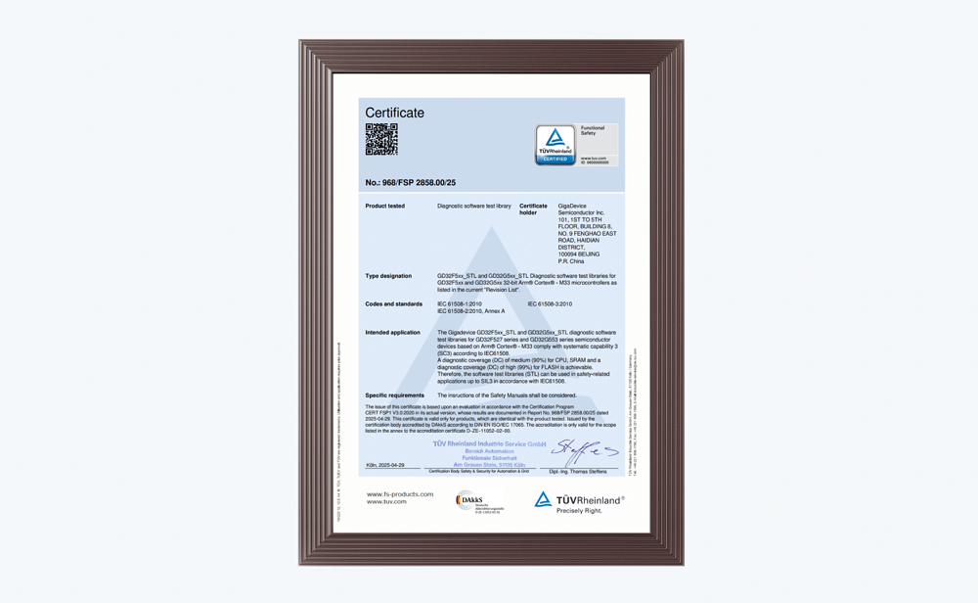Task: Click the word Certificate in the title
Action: click(394, 113)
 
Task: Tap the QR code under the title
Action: click(381, 139)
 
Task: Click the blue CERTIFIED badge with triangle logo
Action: click(555, 145)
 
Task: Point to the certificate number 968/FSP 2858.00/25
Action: click(410, 183)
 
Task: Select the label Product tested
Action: click(384, 207)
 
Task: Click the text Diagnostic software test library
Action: click(473, 207)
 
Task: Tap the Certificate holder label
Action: click(533, 209)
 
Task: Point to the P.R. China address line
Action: click(571, 261)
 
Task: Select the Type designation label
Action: click(388, 276)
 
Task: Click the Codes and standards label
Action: click(393, 304)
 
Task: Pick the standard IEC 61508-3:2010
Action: click(550, 304)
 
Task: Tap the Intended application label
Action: click(392, 333)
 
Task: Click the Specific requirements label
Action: click(394, 395)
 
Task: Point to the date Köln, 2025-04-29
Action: click(385, 465)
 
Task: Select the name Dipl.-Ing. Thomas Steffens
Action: click(577, 472)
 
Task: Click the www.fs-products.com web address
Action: click(399, 494)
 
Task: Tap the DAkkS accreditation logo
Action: click(478, 501)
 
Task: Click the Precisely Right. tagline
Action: click(579, 511)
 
